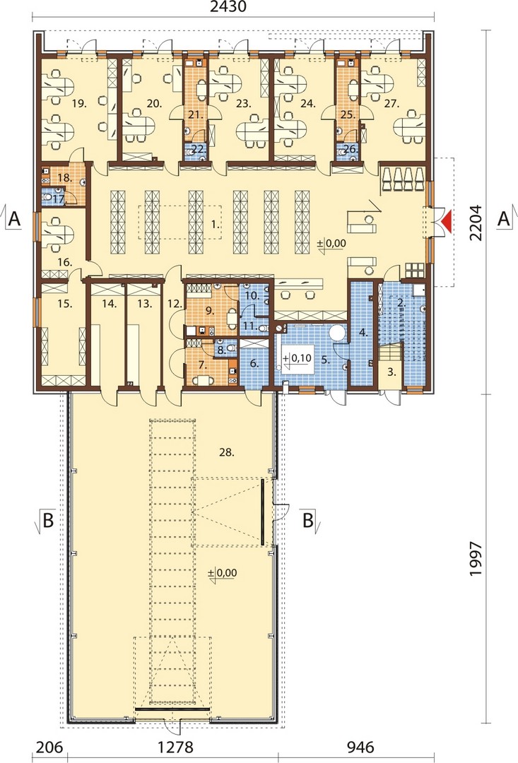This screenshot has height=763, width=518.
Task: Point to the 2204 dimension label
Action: [x=476, y=223]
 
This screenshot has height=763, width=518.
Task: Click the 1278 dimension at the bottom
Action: [x=175, y=747]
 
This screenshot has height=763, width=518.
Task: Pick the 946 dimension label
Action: [x=360, y=747]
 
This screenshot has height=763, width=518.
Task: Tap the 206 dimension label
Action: [x=49, y=747]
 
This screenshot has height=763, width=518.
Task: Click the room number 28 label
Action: [x=227, y=452]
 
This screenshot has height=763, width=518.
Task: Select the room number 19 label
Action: [x=79, y=103]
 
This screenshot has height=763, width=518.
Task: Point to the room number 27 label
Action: [x=392, y=103]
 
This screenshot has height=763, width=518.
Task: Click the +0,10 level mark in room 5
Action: [x=298, y=359]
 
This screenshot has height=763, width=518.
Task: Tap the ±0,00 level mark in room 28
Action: [x=223, y=573]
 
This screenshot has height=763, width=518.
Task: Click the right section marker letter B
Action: [x=308, y=520]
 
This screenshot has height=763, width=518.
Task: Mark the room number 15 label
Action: [x=65, y=304]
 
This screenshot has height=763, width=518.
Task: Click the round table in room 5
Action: [x=337, y=333]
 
